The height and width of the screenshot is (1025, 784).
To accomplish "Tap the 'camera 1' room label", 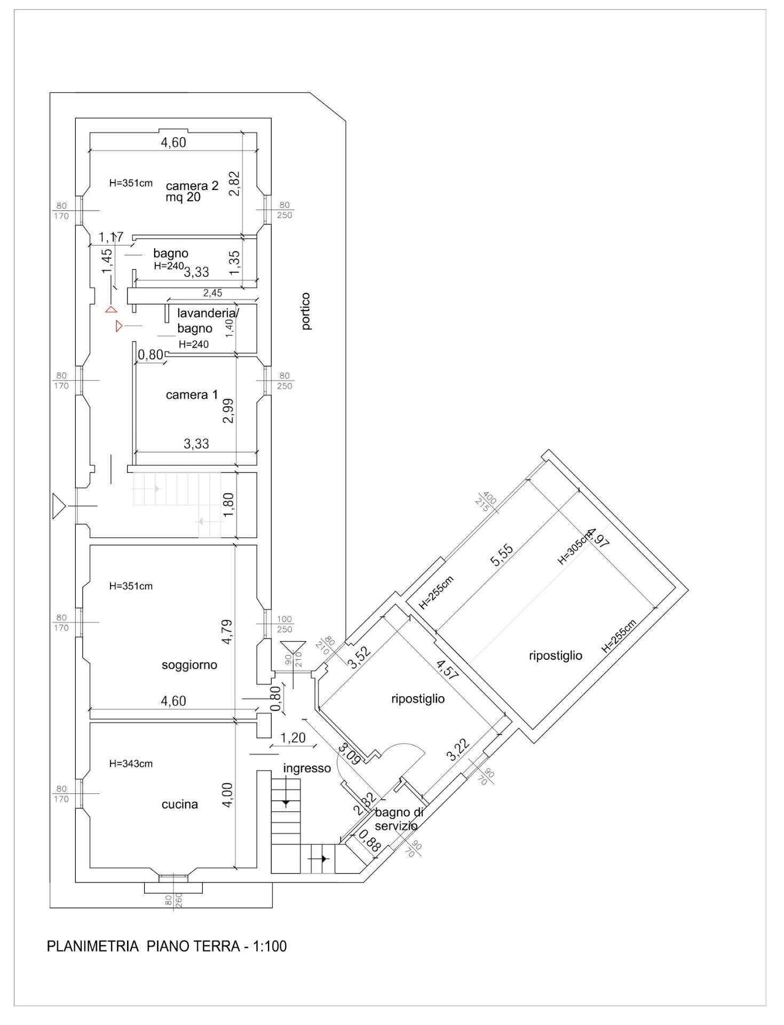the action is (192, 395).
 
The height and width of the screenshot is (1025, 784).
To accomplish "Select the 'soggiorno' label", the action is (189, 665).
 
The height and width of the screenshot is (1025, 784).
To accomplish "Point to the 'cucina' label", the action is (180, 804).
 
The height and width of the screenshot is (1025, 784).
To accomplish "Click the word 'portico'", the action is (306, 311).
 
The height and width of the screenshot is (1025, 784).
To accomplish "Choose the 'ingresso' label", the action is (307, 768).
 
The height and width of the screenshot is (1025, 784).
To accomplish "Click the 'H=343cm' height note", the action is (131, 764).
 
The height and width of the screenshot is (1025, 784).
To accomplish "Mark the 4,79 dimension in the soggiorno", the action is (227, 632).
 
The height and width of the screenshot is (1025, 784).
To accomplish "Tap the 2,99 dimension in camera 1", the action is (228, 412).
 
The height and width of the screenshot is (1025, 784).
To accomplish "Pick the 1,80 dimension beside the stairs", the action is (228, 505).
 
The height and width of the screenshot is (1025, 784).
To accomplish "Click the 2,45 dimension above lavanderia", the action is (212, 293).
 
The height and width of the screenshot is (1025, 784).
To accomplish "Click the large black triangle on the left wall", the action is (58, 506).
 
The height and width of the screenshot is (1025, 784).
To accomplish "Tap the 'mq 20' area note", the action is (183, 197).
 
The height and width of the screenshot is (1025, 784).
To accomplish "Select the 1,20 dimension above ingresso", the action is (293, 738).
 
